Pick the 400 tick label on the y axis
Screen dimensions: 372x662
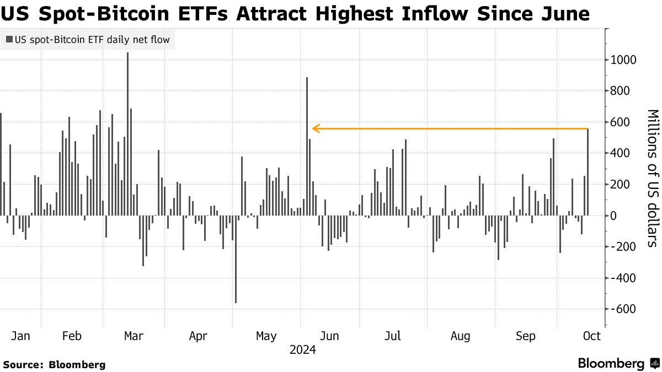(x=620, y=153)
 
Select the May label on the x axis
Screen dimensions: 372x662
(x=266, y=336)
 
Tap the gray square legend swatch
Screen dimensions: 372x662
(x=9, y=39)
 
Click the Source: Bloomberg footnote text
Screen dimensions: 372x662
(x=54, y=364)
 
